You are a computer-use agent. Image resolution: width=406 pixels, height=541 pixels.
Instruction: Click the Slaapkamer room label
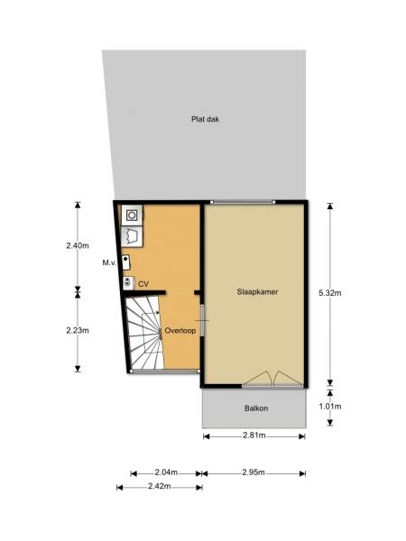click(x=257, y=291)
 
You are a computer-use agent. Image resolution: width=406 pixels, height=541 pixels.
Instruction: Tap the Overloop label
click(x=180, y=330)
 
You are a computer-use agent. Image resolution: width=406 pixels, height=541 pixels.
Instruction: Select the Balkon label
click(x=256, y=408)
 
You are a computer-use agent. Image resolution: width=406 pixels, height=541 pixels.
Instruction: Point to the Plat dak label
click(x=205, y=119)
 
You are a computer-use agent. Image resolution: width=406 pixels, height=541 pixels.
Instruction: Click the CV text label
click(x=143, y=284)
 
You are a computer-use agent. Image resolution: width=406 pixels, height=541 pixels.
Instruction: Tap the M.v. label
click(x=109, y=263)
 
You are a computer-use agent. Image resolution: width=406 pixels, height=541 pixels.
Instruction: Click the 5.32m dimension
click(x=330, y=293)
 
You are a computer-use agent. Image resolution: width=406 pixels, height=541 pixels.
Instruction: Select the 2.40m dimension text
click(x=78, y=245)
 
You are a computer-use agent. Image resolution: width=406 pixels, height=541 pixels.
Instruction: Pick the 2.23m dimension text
click(x=78, y=330)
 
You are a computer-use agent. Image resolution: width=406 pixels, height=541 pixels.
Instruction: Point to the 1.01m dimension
click(x=330, y=407)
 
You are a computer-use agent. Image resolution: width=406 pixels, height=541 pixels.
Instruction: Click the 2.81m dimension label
click(x=254, y=436)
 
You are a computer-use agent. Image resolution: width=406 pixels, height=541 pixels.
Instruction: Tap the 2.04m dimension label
click(x=166, y=472)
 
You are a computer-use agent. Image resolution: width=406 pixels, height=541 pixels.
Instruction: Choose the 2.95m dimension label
click(x=254, y=472)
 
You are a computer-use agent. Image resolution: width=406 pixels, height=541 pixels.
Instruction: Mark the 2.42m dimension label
click(x=160, y=486)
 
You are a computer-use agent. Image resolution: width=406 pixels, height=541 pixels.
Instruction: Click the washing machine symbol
click(x=132, y=215)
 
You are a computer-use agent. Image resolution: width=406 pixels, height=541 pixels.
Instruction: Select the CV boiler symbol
click(x=128, y=282)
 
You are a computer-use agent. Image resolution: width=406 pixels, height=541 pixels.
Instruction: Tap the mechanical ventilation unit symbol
click(x=126, y=262)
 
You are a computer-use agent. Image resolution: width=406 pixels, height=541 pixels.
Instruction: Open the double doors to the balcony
click(x=273, y=380)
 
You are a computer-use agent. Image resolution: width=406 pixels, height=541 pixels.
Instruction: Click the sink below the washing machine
click(x=132, y=236)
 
